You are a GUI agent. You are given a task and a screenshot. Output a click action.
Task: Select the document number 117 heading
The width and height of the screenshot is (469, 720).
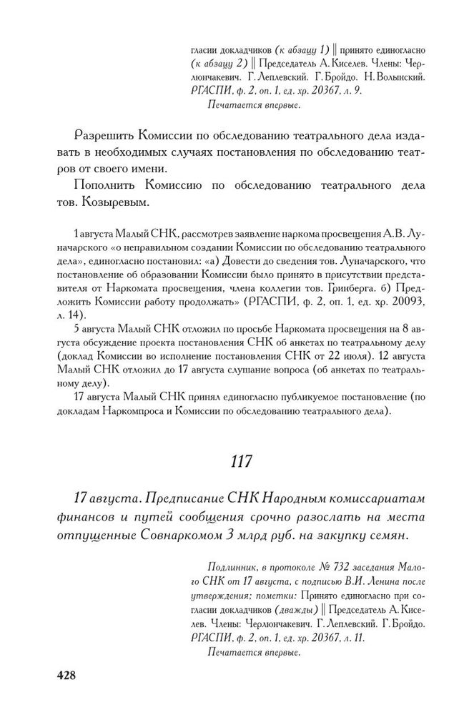pos(241,461)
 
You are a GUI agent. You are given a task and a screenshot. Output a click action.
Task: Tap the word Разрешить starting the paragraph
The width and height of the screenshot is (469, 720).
pos(98,136)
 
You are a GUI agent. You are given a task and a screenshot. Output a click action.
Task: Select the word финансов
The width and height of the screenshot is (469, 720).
pos(92,516)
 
